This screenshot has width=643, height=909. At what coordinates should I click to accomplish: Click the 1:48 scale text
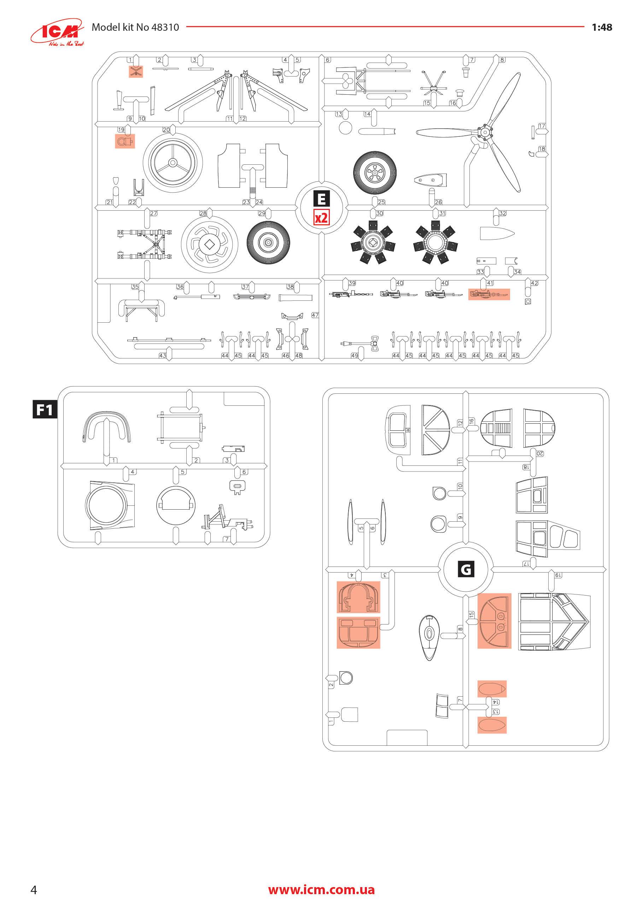tap(601, 27)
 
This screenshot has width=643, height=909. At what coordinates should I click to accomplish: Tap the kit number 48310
tap(165, 27)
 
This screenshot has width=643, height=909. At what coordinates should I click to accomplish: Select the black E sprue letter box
tap(321, 199)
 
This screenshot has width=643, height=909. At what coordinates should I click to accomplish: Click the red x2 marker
tap(321, 218)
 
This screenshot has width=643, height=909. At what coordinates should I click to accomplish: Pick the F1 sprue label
tap(44, 409)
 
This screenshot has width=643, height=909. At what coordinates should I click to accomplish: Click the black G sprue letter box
tap(466, 569)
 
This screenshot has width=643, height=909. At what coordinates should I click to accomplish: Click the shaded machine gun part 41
tap(489, 294)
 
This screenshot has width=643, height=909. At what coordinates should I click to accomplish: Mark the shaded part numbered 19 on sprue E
tap(125, 141)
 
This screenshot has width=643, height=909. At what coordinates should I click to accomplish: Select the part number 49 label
tap(355, 356)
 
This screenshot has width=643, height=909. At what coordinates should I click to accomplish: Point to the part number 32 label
tap(502, 213)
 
